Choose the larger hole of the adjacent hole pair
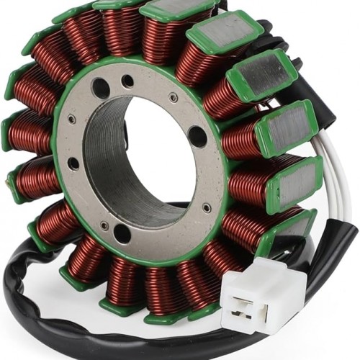pyautogui.click(x=101, y=89)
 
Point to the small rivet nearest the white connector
pyautogui.click(x=207, y=208)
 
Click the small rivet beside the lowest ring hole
pyautogui.click(x=104, y=225)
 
